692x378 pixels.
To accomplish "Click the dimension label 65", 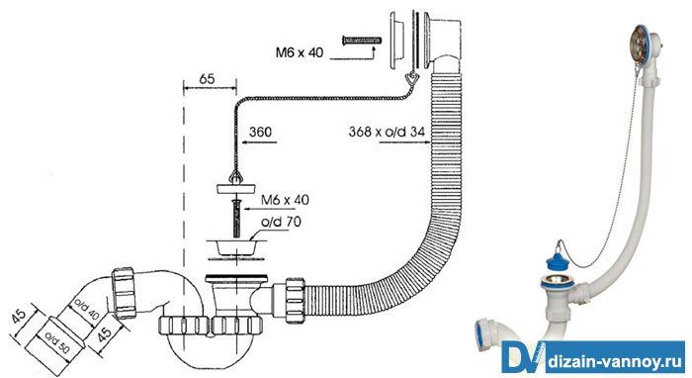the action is tap(207, 79).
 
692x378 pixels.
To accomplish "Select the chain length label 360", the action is tap(260, 132).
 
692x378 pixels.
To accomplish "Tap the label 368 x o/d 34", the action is tap(387, 132).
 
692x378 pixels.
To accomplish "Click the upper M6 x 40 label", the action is tap(300, 52).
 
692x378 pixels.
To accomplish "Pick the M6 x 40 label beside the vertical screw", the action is tap(285, 200).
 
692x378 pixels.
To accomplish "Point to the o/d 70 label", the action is tap(281, 222).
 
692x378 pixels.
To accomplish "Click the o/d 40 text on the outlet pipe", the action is tap(87, 309).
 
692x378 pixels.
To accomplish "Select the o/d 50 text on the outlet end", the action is tap(57, 342).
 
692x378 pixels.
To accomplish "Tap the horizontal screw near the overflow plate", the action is tap(362, 42).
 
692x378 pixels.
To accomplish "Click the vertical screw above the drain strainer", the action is tap(236, 219).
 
